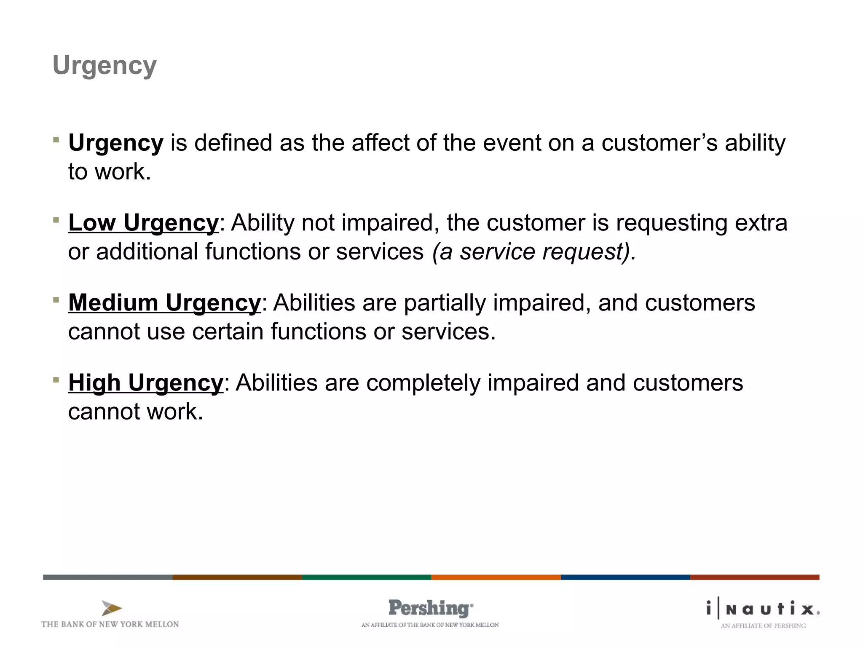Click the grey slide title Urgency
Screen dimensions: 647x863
pos(105,66)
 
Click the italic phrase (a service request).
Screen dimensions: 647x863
pos(534,251)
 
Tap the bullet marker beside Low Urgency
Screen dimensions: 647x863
pos(56,219)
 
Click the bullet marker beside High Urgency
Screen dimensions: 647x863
pos(56,380)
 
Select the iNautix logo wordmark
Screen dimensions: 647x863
pos(763,609)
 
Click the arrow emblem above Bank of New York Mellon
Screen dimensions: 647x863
pos(111,608)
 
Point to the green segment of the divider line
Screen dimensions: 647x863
pos(366,577)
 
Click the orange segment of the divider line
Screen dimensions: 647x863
pos(496,577)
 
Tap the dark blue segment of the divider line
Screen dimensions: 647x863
pos(625,577)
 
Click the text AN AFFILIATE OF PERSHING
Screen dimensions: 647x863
pos(763,626)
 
